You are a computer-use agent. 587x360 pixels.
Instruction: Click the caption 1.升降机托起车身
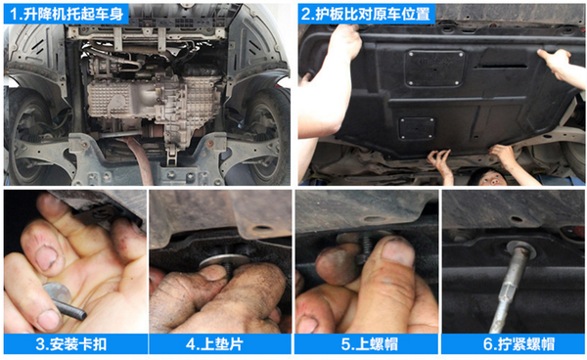[67, 14]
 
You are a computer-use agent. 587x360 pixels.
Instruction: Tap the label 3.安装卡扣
[71, 344]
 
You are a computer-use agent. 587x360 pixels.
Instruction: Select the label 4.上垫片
[214, 344]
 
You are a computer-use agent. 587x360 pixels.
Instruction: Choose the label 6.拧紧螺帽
[519, 344]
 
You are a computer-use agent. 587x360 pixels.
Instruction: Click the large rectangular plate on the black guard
[434, 68]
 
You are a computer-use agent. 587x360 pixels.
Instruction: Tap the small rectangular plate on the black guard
[417, 128]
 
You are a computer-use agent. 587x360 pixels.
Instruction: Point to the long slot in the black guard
[500, 67]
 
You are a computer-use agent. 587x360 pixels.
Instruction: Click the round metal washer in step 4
[223, 261]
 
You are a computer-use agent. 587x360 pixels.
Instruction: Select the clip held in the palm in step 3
[64, 301]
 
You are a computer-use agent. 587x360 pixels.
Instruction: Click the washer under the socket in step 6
[520, 247]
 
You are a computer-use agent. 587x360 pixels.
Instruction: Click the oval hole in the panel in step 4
[261, 228]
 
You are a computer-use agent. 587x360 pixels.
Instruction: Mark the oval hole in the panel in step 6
[516, 219]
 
